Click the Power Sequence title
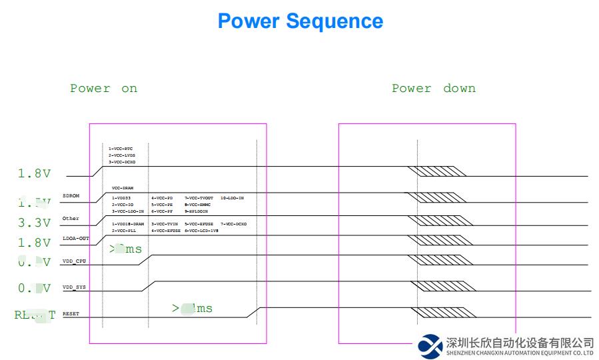(x=300, y=21)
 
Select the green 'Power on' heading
(x=103, y=89)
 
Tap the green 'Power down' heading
(x=433, y=89)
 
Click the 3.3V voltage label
(x=34, y=223)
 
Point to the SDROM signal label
(x=71, y=196)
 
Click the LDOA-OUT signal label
(x=75, y=238)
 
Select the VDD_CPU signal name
(x=74, y=261)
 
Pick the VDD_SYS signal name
(x=74, y=287)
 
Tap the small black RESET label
(x=71, y=313)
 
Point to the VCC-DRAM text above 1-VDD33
(x=123, y=188)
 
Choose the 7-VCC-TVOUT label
(x=198, y=198)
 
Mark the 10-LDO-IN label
(x=232, y=198)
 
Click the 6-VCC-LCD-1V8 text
(x=201, y=231)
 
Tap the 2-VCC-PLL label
(x=123, y=231)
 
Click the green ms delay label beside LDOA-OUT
(x=126, y=249)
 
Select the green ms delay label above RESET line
(x=192, y=308)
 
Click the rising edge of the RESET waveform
(x=253, y=312)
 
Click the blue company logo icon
(x=430, y=345)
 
